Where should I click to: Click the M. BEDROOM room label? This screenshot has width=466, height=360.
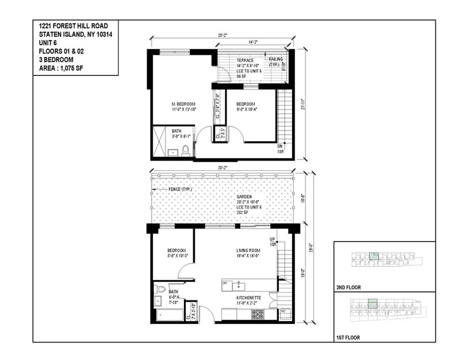point(183,104)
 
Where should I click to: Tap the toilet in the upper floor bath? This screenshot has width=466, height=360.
point(185,150)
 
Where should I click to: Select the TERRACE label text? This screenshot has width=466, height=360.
point(245,60)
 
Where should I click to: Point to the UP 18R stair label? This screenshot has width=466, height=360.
point(272,242)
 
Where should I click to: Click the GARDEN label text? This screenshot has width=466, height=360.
point(244,197)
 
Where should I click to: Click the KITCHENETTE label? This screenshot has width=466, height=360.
point(249,298)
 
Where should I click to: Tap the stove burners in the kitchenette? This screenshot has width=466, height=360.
point(258,314)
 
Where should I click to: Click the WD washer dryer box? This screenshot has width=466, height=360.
point(283,311)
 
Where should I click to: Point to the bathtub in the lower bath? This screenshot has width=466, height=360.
point(169,314)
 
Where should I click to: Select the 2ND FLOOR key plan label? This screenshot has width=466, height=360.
point(349,287)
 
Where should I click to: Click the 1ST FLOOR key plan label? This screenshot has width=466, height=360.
point(348,337)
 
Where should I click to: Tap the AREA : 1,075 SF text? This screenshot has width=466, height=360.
point(62,68)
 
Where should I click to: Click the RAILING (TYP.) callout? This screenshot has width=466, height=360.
point(274,61)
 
